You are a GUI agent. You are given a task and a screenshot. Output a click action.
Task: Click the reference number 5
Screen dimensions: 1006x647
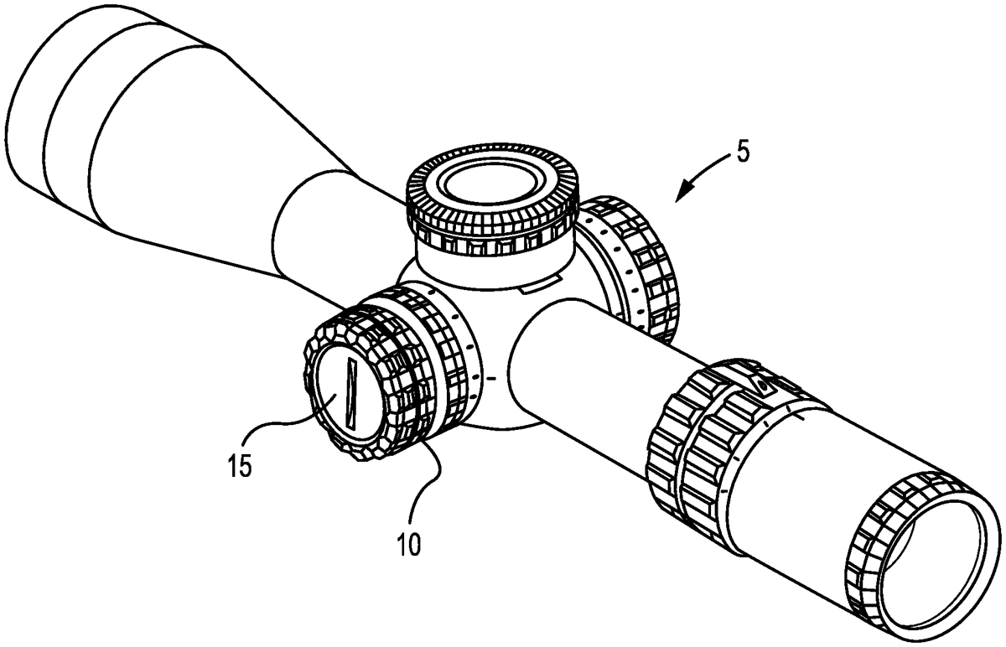pyautogui.click(x=742, y=153)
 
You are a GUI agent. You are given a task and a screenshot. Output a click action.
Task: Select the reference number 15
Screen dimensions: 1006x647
pyautogui.click(x=240, y=464)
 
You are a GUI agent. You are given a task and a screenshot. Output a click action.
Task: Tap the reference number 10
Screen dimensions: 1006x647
pyautogui.click(x=409, y=544)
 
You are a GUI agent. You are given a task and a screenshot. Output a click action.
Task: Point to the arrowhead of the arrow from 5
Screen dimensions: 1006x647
pyautogui.click(x=683, y=192)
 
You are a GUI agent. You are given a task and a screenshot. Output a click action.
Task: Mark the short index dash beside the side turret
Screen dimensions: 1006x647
pyautogui.click(x=491, y=379)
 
